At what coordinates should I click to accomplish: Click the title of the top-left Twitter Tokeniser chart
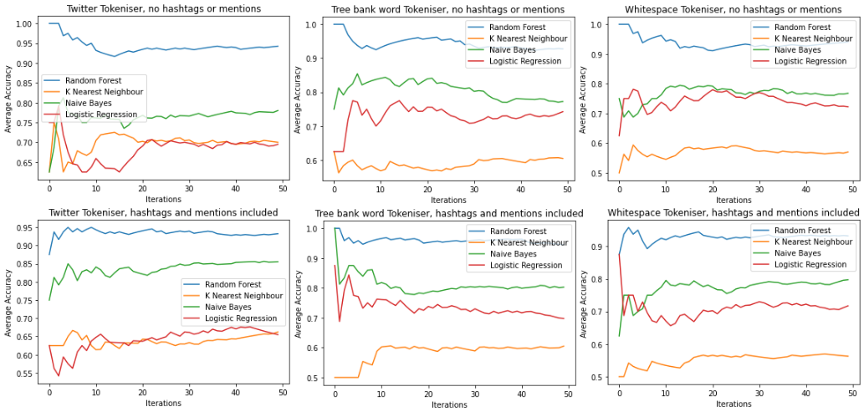coord(161,8)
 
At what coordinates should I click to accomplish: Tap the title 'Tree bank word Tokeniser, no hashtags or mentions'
coord(448,8)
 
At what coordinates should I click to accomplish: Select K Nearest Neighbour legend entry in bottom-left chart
coord(229,296)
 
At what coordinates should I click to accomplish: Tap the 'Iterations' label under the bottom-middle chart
coord(450,404)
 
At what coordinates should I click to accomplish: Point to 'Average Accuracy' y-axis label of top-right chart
coord(582,97)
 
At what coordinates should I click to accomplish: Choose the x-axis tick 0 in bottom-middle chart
coord(335,392)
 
